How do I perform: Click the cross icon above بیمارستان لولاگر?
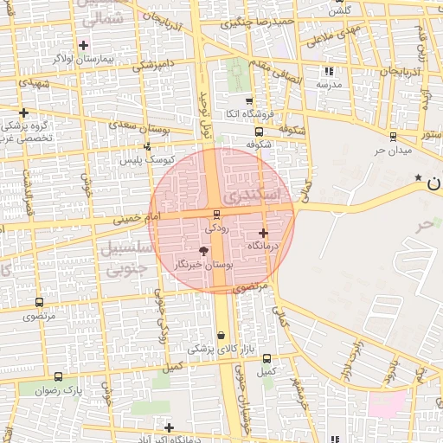tap(83, 45)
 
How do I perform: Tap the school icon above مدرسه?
tap(329, 72)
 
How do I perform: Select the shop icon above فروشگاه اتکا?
tap(249, 101)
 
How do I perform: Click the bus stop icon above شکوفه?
tap(259, 132)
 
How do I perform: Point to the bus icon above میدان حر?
tap(393, 137)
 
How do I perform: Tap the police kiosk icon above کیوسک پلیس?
tap(148, 146)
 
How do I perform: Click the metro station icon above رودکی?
tap(216, 215)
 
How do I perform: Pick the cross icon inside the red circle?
tap(263, 233)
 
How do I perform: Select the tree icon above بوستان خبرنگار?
tap(203, 251)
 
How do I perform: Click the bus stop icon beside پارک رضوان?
tap(58, 376)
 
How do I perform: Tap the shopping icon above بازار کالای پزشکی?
tap(221, 336)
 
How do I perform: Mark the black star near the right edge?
tap(419, 177)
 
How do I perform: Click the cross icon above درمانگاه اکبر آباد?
tap(169, 427)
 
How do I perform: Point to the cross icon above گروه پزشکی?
tap(23, 112)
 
